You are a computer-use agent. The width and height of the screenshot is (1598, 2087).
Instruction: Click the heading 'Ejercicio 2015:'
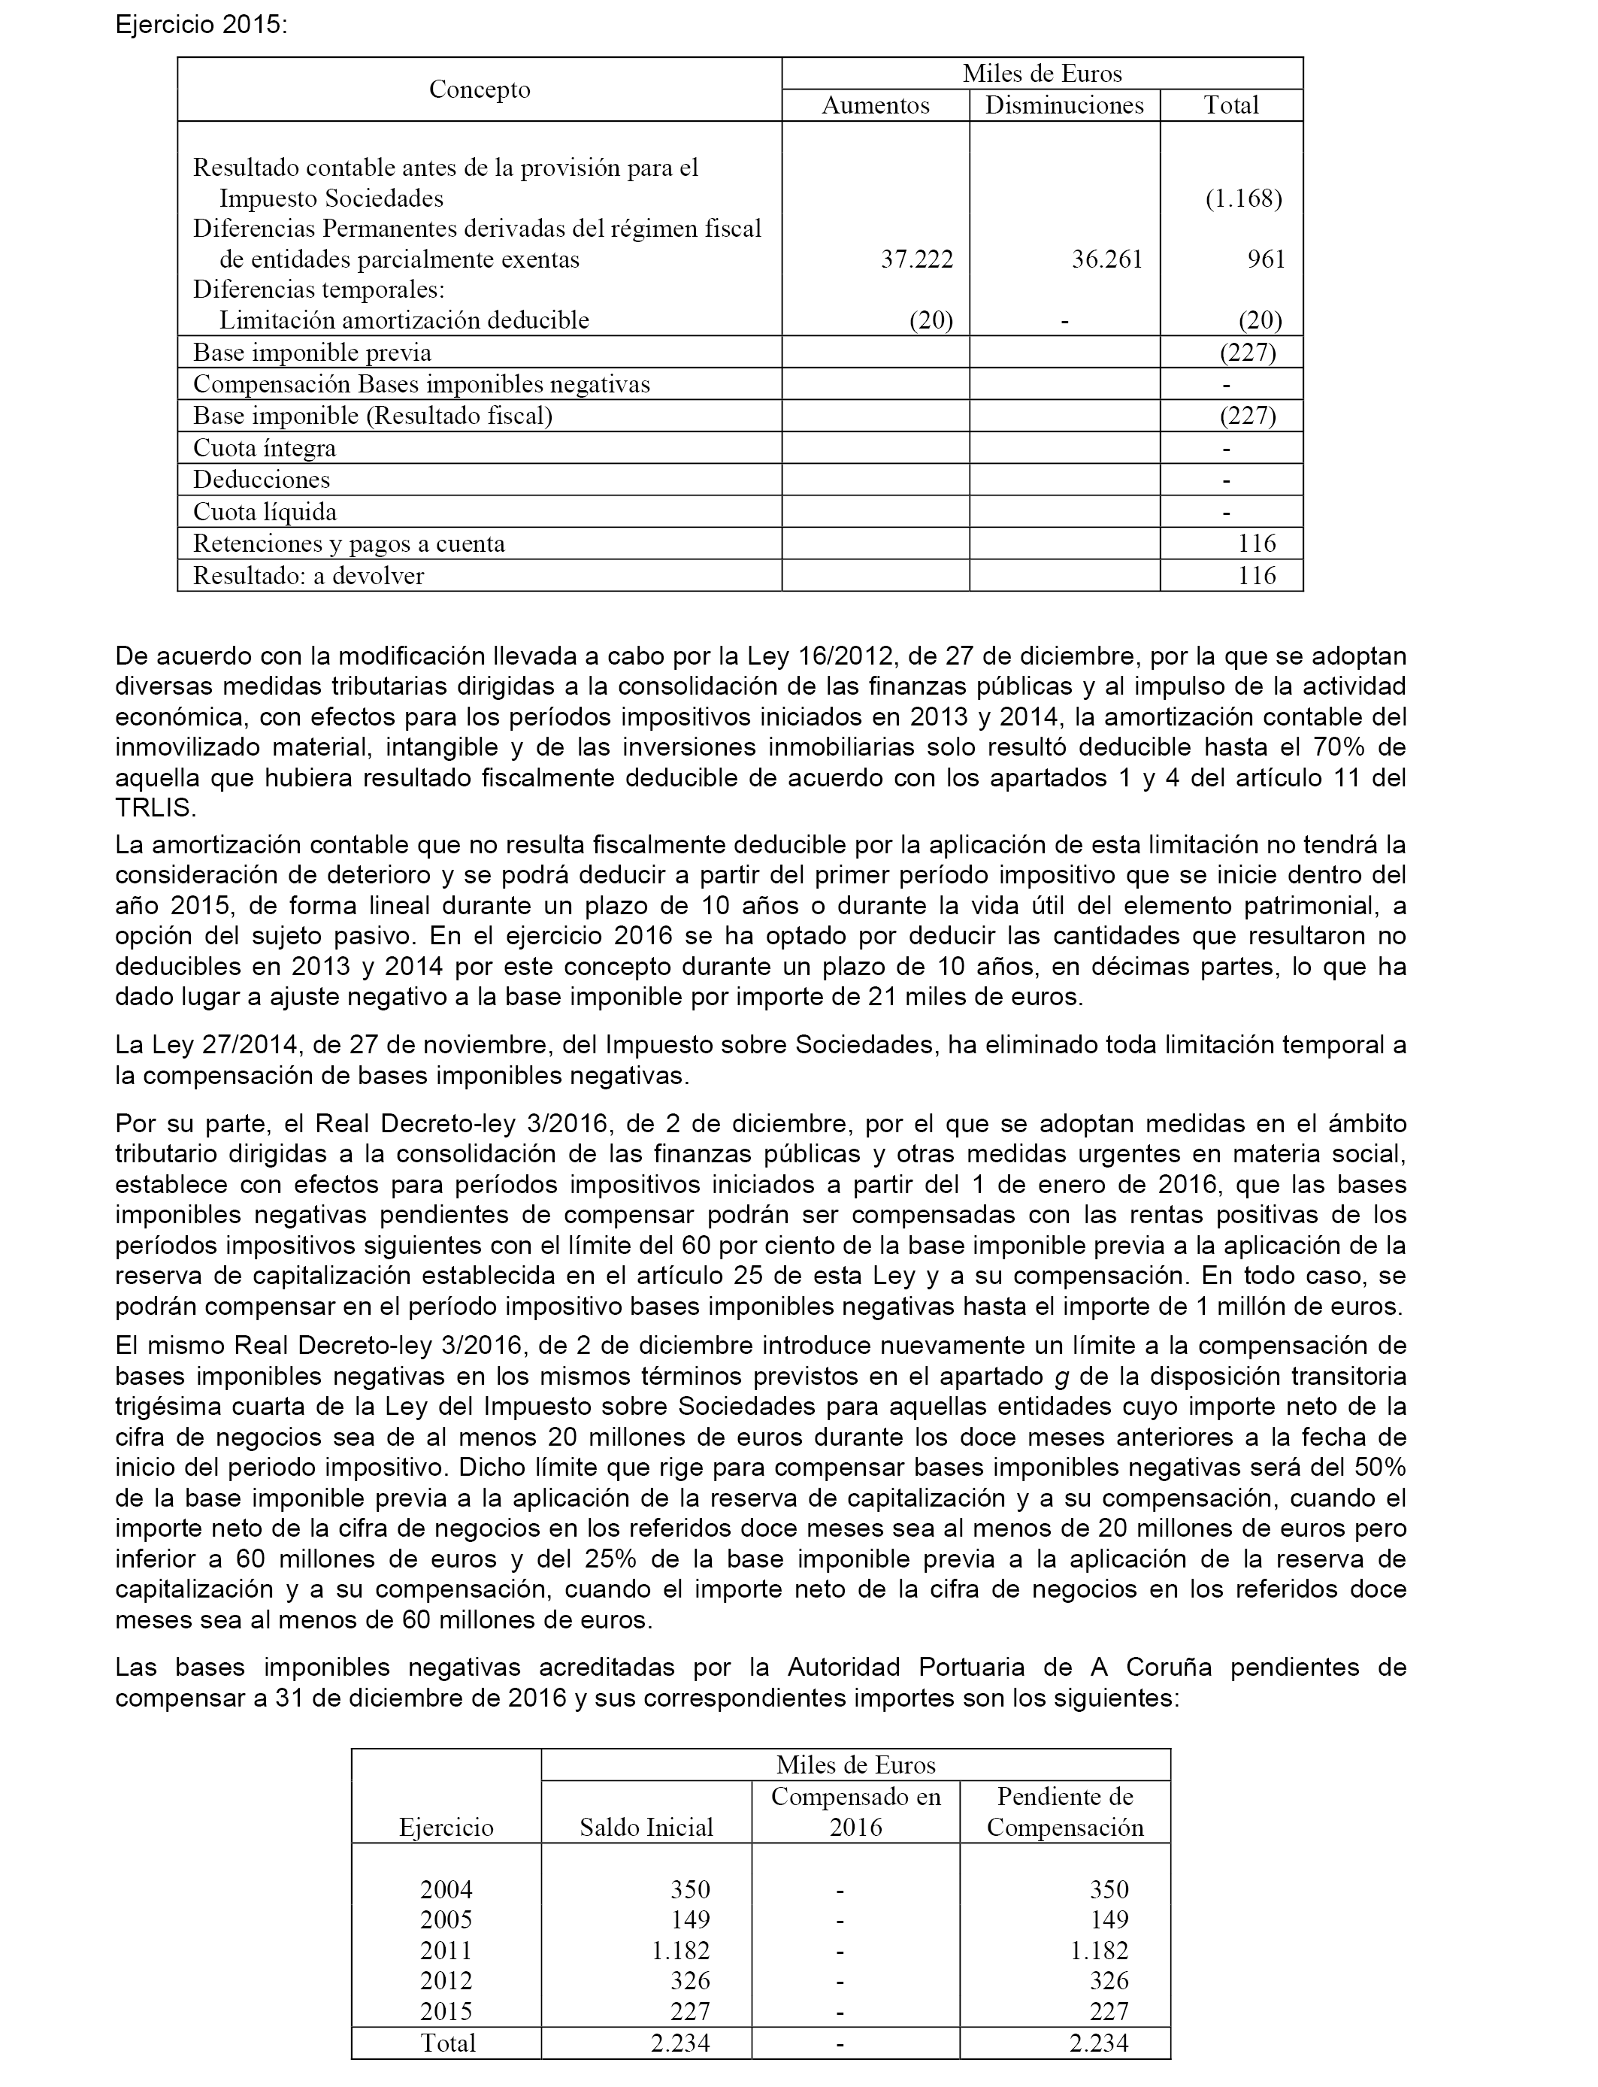[200, 25]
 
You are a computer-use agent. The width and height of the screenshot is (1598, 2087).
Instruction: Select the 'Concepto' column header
[480, 89]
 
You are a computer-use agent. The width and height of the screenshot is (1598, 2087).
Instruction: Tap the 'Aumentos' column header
[875, 105]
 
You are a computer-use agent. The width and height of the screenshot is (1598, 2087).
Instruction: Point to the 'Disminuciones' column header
[1064, 105]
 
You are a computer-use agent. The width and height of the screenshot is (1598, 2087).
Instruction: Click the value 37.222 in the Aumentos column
[917, 259]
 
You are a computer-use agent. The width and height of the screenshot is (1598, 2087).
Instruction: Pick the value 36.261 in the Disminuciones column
[1107, 259]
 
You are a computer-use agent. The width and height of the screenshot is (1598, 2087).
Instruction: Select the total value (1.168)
[1243, 198]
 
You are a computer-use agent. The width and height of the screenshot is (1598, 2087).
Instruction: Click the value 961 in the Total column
[1266, 259]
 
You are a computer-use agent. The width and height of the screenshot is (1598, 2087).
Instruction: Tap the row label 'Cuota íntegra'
[265, 448]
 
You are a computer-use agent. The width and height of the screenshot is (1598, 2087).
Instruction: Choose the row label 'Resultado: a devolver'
[308, 575]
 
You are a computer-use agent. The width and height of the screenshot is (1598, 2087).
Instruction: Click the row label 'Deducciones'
[262, 480]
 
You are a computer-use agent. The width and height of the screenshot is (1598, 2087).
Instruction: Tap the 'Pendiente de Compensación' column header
[1065, 1812]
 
